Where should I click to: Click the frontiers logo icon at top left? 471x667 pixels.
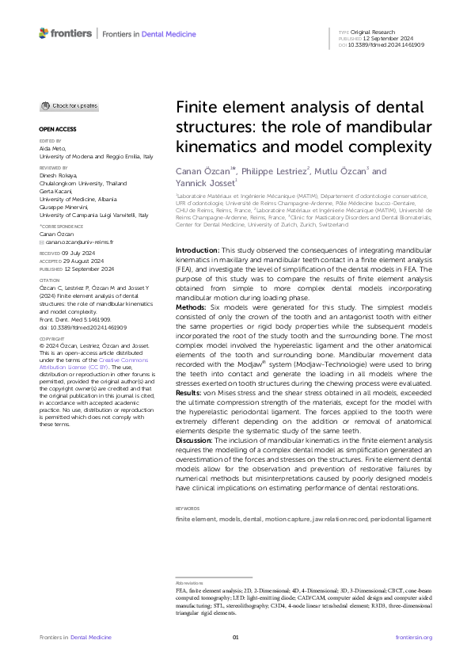[44, 34]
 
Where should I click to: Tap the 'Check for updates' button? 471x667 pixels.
[70, 105]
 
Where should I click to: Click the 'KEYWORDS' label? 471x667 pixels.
[187, 508]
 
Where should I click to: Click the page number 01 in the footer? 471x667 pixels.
[235, 638]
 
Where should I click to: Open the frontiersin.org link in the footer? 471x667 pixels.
[413, 638]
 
